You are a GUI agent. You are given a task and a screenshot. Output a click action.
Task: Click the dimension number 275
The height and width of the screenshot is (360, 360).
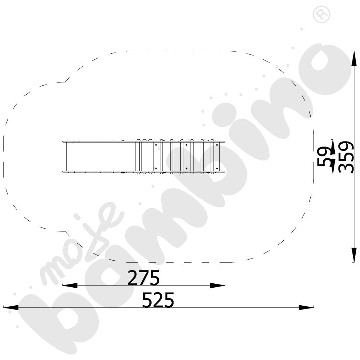144,278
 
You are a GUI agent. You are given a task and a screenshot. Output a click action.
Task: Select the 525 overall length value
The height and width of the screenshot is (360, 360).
158,300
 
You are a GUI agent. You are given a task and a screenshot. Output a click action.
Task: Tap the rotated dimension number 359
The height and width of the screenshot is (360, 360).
346,157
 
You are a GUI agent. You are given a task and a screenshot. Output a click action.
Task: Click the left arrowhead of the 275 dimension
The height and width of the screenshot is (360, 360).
70,285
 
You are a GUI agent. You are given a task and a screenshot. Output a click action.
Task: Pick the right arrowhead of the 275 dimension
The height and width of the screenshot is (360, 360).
218,285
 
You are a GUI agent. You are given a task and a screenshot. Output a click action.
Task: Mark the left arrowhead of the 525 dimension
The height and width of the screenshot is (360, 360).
11,307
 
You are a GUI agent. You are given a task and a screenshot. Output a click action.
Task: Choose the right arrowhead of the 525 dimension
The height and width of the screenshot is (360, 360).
306,307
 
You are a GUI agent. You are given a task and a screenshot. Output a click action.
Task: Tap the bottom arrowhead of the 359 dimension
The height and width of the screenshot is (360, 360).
354,255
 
